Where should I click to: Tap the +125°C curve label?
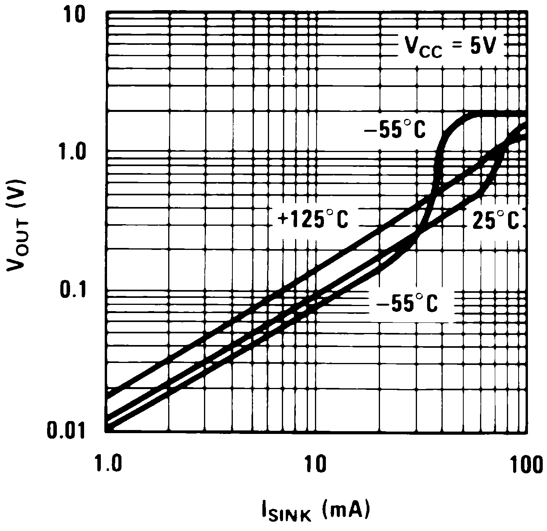(313, 219)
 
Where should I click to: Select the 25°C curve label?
(496, 220)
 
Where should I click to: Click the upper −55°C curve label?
(394, 130)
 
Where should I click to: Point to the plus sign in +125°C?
(282, 219)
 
